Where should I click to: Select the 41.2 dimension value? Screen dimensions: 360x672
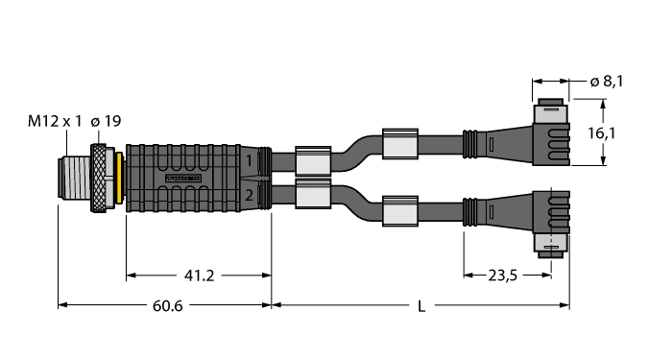tap(199, 276)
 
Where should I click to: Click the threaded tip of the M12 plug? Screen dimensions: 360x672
tap(75, 178)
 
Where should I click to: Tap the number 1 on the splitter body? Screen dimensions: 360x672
tap(249, 160)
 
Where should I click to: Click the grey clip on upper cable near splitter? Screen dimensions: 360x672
tap(312, 159)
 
